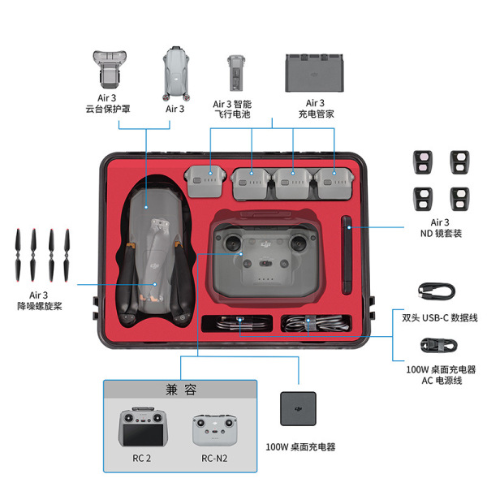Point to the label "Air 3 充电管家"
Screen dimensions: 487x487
click(x=315, y=109)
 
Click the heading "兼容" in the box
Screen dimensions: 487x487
click(x=180, y=390)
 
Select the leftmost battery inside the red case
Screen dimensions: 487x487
click(x=205, y=180)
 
